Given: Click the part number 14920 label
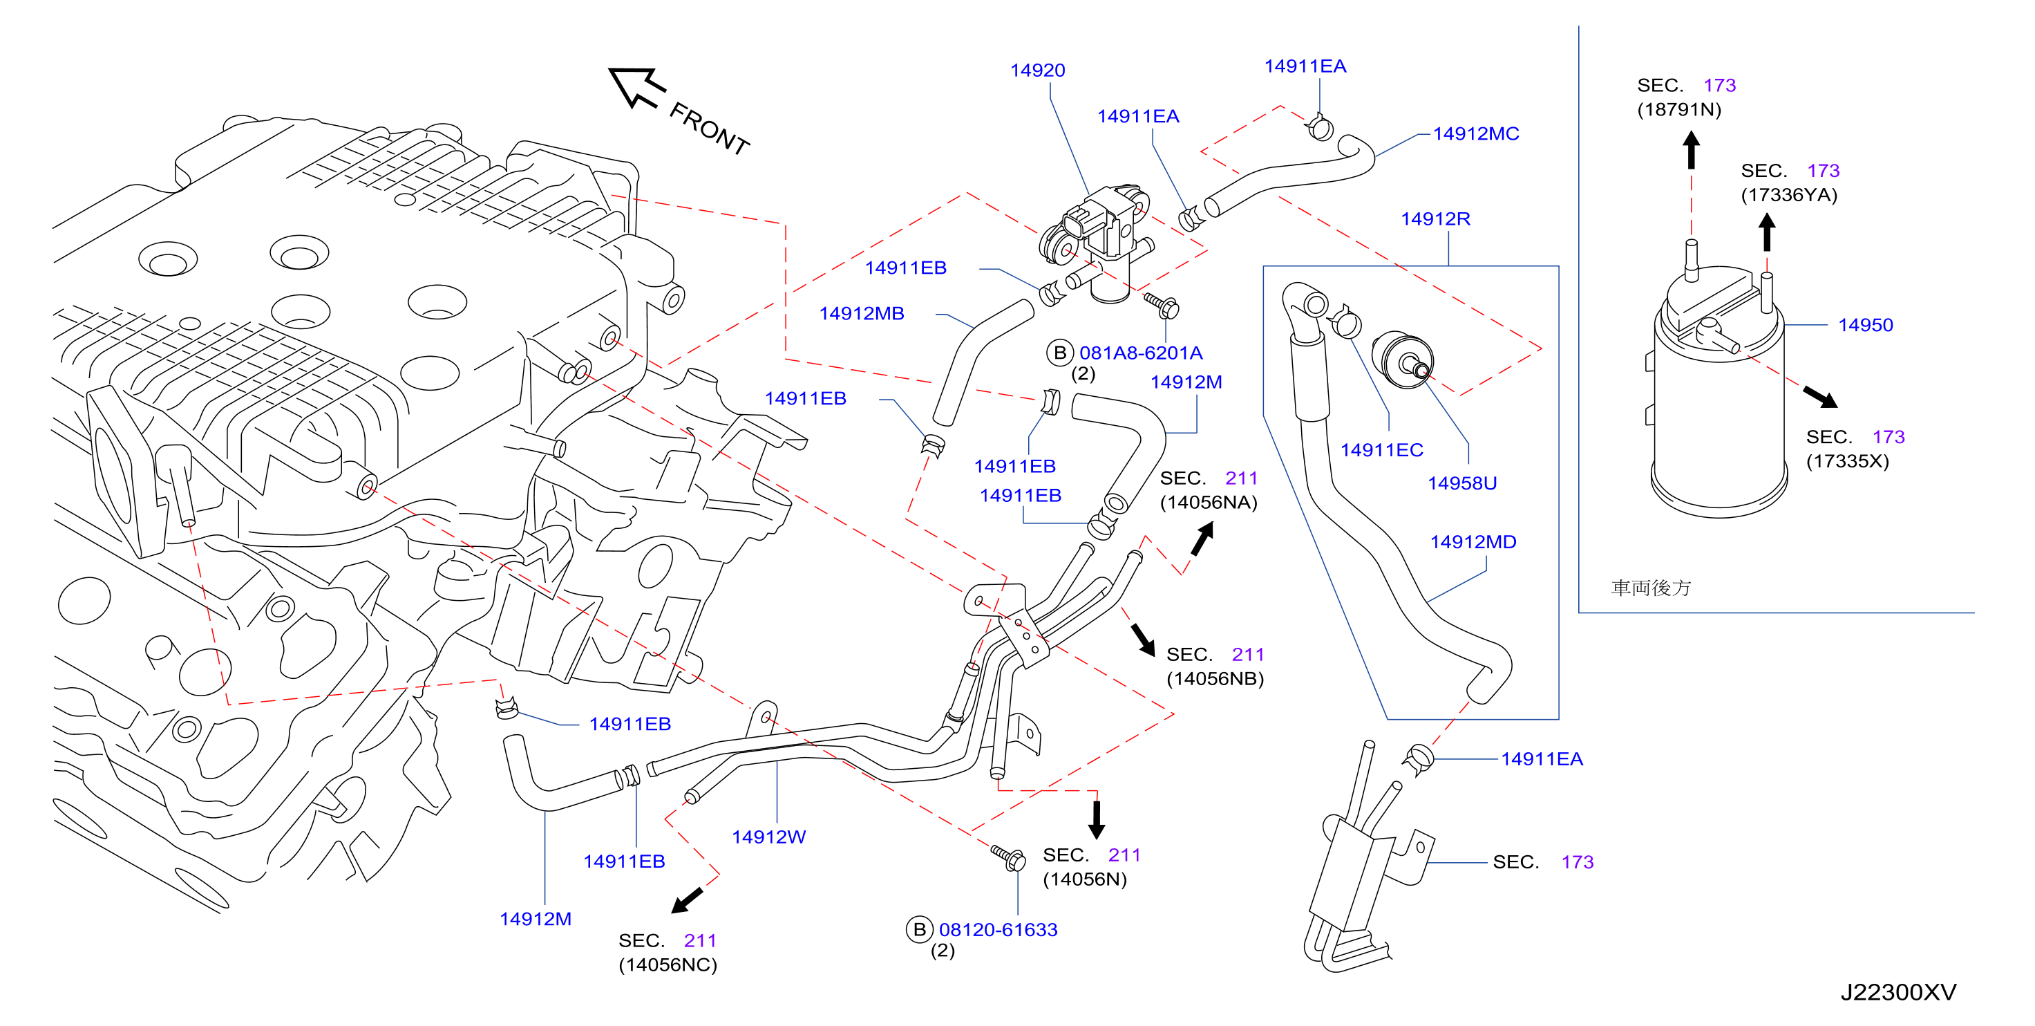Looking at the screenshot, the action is [1037, 71].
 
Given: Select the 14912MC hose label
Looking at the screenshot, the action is [1476, 133].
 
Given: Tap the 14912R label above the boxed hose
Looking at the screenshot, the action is [1435, 219].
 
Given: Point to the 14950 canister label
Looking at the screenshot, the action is [1865, 325].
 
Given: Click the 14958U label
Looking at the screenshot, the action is [1461, 483].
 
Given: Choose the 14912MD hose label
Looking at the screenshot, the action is [1473, 542].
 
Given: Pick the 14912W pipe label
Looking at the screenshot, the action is [768, 837].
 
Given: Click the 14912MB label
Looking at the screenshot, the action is [861, 314].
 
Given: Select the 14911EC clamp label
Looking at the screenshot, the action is [1382, 450].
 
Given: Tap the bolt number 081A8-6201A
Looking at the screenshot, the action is [1141, 353].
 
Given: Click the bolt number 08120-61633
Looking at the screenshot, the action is [998, 930].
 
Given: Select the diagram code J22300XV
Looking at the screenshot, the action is [1898, 992].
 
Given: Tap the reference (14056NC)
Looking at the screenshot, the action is [668, 964].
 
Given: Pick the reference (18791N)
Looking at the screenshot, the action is [1678, 109].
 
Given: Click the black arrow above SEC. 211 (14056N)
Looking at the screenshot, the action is [1096, 820].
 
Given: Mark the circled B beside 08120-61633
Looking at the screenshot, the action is [919, 930].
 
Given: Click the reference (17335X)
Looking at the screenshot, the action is [1847, 461].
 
